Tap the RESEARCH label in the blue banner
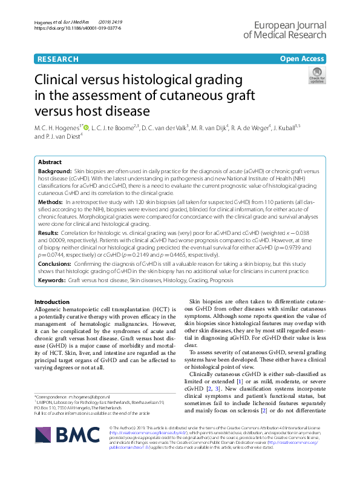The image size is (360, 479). tap(57, 59)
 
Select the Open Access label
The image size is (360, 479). tap(302, 59)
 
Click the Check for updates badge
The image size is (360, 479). tap(316, 76)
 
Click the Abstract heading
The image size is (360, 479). tap(50, 162)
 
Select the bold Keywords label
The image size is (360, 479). tap(52, 281)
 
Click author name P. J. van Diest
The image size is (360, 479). tap(56, 136)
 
